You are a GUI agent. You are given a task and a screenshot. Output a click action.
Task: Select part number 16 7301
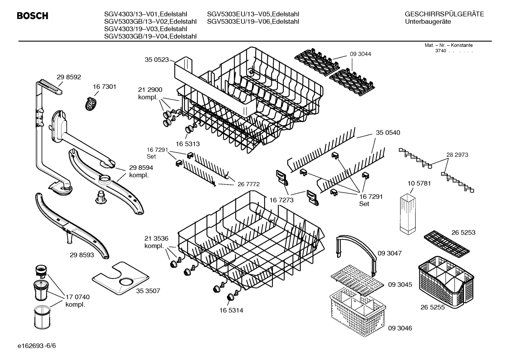pos(104,87)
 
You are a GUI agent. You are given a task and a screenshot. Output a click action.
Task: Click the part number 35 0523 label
pos(157,60)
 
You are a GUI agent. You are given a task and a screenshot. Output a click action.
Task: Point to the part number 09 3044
pos(360,54)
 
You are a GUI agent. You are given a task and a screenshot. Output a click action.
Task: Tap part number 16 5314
pos(231,310)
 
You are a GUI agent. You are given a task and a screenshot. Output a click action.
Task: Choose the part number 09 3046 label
pos(400,328)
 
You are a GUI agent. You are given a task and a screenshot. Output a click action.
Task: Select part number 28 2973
pos(457,155)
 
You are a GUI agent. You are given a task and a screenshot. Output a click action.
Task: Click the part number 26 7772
pos(248,184)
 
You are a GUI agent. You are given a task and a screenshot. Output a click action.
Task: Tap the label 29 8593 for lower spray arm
pos(82,254)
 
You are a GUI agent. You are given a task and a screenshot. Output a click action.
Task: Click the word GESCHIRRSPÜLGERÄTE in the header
pos(444,14)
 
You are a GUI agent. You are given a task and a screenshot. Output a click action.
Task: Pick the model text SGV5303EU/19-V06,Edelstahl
pos(253,22)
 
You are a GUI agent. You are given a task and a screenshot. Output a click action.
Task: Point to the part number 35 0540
pos(388,132)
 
